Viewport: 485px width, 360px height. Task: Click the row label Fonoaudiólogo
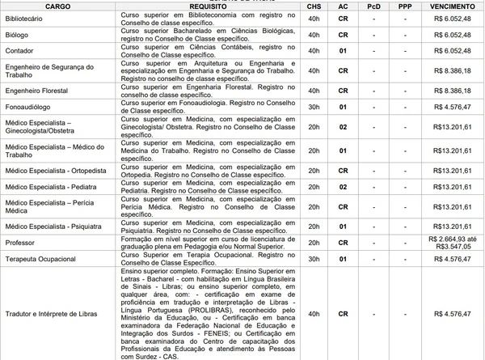pos(27,107)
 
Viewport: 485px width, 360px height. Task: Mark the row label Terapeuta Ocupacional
pos(40,259)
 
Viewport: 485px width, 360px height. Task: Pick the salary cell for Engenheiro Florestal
pos(453,90)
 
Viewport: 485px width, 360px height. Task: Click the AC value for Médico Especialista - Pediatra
pos(343,187)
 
